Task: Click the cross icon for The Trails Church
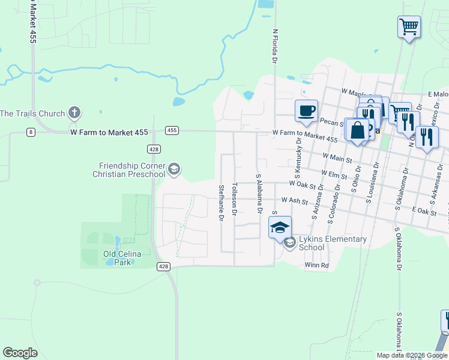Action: (74, 112)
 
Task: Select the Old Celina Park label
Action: (122, 258)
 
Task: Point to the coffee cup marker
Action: (306, 111)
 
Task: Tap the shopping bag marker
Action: (358, 130)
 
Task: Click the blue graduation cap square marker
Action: (280, 227)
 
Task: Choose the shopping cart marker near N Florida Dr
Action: (409, 26)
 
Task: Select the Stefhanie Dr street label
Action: (221, 203)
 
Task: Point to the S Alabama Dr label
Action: (259, 194)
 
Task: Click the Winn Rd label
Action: (316, 265)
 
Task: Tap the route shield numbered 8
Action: (31, 131)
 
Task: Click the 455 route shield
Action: (172, 130)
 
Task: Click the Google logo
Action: (20, 353)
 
